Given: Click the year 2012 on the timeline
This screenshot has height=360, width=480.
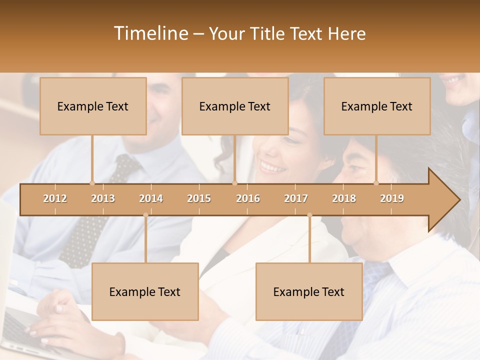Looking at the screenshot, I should coord(55,198).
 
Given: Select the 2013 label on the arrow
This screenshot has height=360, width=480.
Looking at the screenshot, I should coord(103,198).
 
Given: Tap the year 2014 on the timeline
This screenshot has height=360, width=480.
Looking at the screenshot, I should coord(151,198).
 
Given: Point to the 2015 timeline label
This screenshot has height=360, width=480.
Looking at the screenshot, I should coord(199,198).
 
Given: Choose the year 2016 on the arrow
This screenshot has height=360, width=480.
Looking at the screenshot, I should coord(248,198).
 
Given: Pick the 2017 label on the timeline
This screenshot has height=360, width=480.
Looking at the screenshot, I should coord(296,198).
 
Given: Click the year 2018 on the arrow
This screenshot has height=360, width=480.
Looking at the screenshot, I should coord(344,198).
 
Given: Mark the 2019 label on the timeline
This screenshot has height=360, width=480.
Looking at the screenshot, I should coord(392,198).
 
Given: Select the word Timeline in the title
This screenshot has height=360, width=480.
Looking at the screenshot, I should coord(150,33).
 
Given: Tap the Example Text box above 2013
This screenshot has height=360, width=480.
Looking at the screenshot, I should coord(93,106).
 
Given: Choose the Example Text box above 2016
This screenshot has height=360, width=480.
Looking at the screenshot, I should coord(235,106).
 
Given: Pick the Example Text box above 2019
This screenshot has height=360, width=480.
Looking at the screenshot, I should coord(377,106).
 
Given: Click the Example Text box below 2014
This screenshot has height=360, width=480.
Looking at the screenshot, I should coord(145,291).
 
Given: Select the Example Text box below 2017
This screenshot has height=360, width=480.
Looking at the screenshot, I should coord(309,291).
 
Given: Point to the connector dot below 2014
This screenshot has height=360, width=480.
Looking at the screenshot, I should coord(145,215).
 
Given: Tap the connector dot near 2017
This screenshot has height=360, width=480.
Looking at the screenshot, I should coord(309,215).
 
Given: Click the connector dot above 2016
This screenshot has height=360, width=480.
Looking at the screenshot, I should coord(234,183).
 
